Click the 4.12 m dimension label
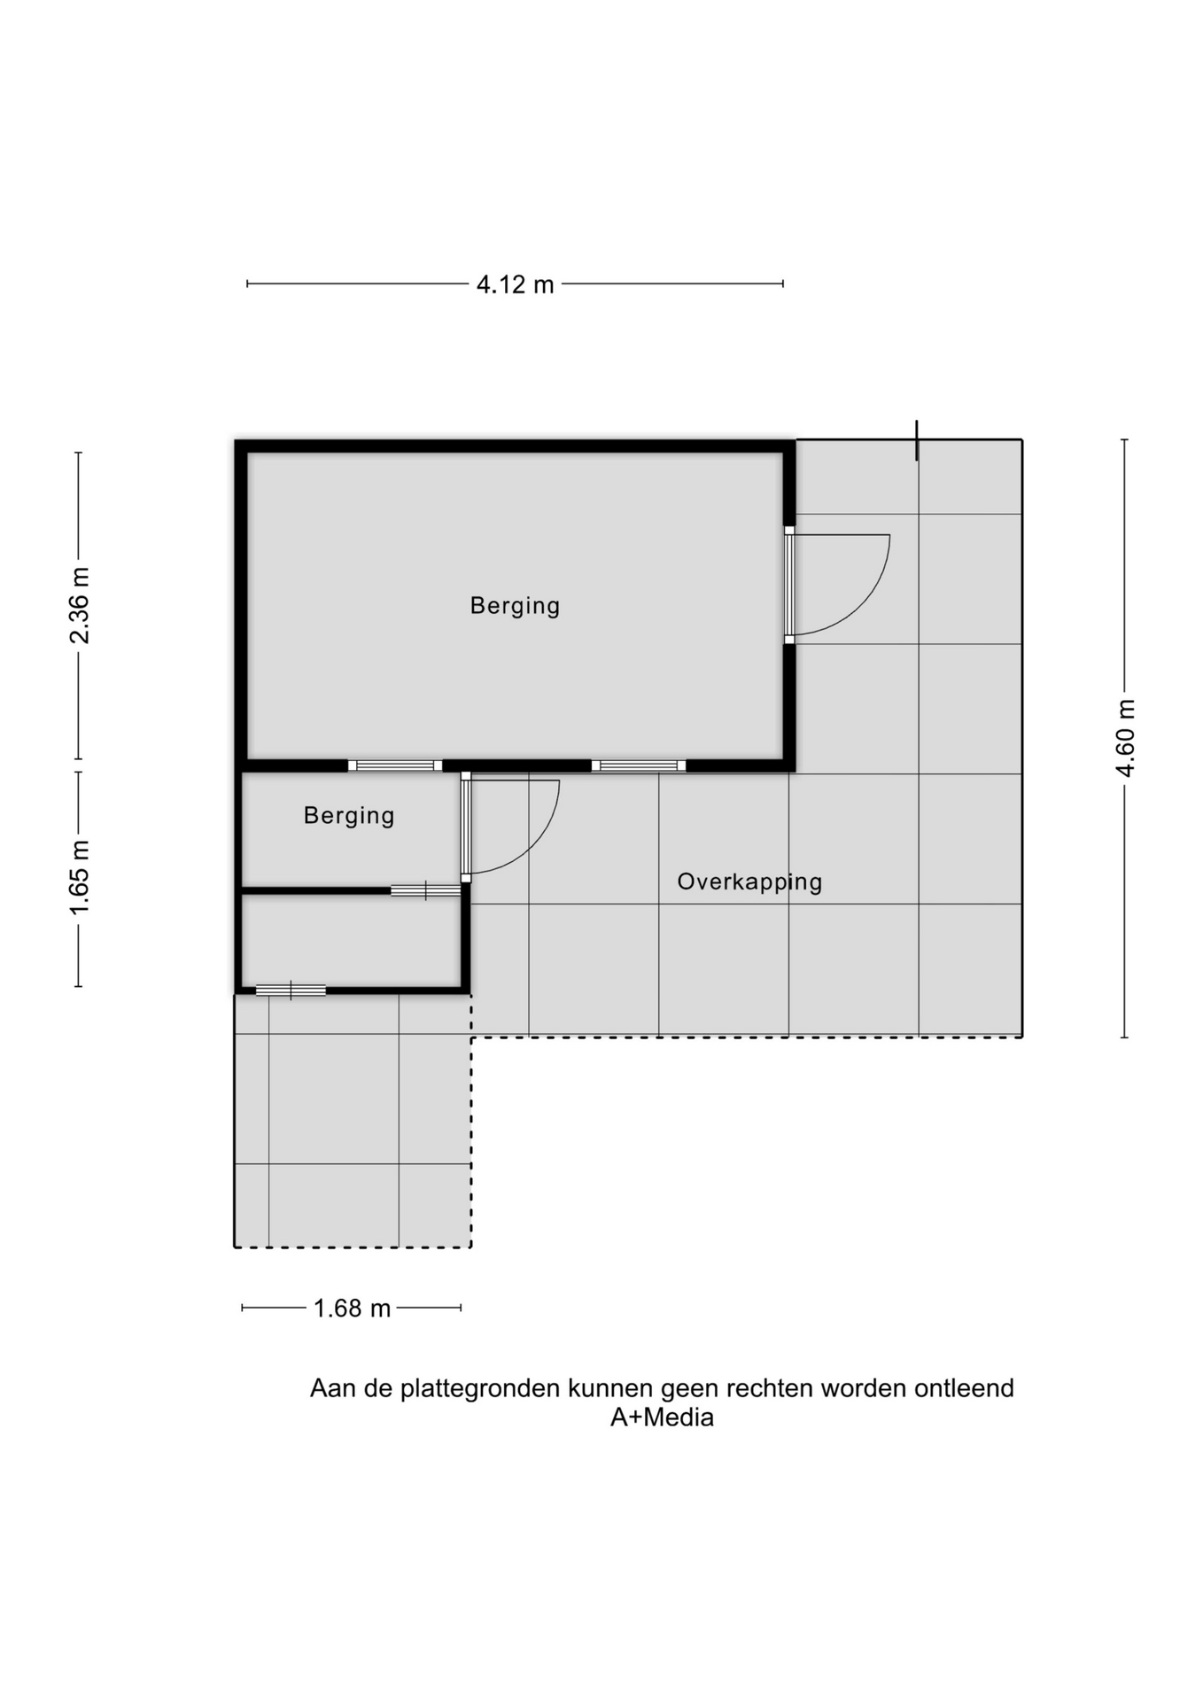[515, 284]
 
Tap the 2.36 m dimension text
[80, 605]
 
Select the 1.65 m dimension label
[80, 878]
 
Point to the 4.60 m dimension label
[1125, 738]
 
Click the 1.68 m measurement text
[352, 1309]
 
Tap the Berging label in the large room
[515, 606]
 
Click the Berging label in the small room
[349, 816]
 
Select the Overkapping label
[749, 882]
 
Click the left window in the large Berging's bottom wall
[395, 765]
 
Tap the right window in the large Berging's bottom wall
[639, 765]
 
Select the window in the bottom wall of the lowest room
[291, 990]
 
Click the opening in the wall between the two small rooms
[426, 890]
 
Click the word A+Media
[662, 1417]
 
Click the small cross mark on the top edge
[917, 440]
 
